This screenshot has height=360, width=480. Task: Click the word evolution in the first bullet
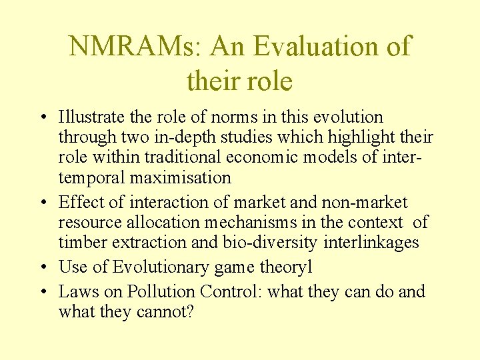(x=348, y=117)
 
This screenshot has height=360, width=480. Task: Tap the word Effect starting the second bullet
(x=79, y=202)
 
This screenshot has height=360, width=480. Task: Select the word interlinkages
(x=371, y=242)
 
